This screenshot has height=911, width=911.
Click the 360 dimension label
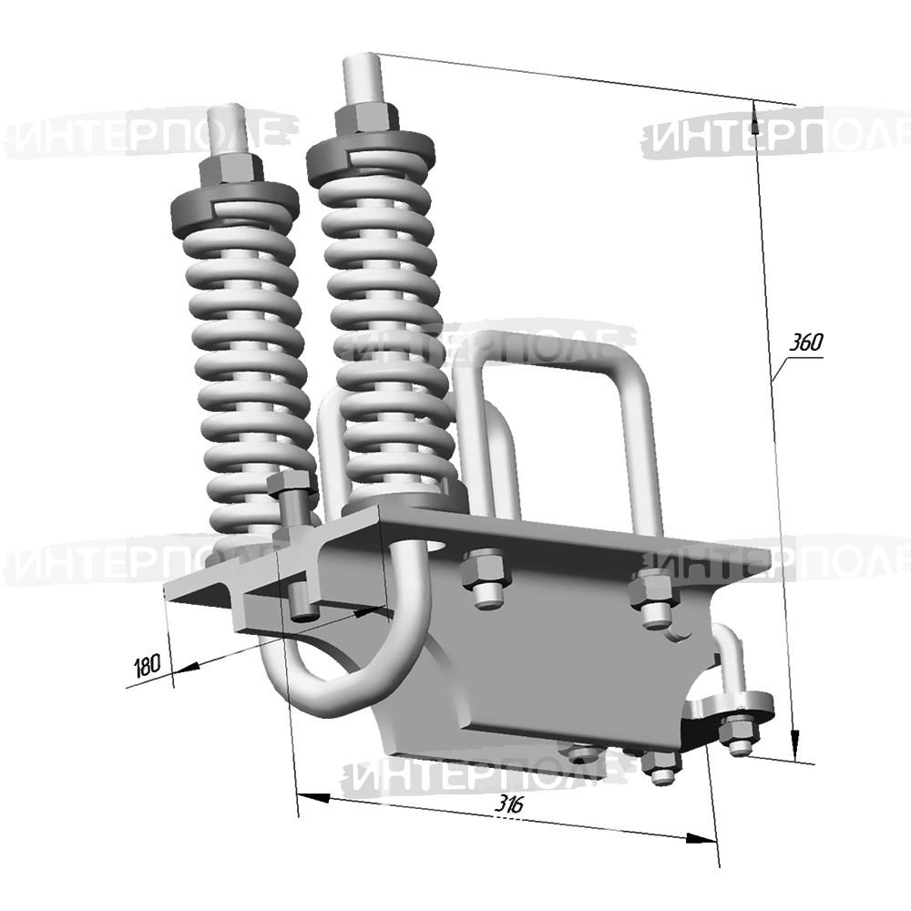click(x=806, y=343)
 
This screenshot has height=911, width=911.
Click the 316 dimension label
click(x=509, y=804)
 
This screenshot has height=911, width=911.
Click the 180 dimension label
click(x=147, y=666)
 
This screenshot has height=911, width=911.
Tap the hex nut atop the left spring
click(x=231, y=169)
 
